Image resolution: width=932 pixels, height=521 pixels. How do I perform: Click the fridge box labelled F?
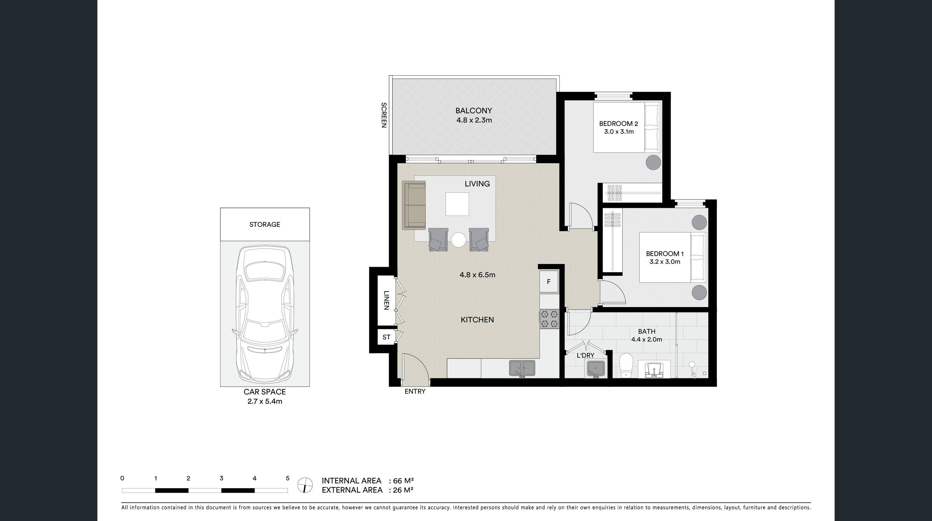[548, 281]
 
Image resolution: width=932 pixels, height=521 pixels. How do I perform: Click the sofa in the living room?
[414, 205]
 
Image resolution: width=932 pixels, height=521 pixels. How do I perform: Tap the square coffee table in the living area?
[457, 204]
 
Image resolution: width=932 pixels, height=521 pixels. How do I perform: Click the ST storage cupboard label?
[386, 337]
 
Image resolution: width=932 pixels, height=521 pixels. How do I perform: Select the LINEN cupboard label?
[386, 300]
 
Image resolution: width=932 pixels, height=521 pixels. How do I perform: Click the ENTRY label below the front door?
[415, 391]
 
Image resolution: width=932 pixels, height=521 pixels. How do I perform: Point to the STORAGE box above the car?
[264, 224]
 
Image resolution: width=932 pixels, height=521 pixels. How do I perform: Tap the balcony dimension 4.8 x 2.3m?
[474, 120]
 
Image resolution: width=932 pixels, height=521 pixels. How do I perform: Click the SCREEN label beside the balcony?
[384, 115]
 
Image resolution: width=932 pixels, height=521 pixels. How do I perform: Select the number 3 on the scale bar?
[221, 478]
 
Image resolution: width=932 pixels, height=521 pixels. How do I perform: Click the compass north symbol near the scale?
[305, 485]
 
